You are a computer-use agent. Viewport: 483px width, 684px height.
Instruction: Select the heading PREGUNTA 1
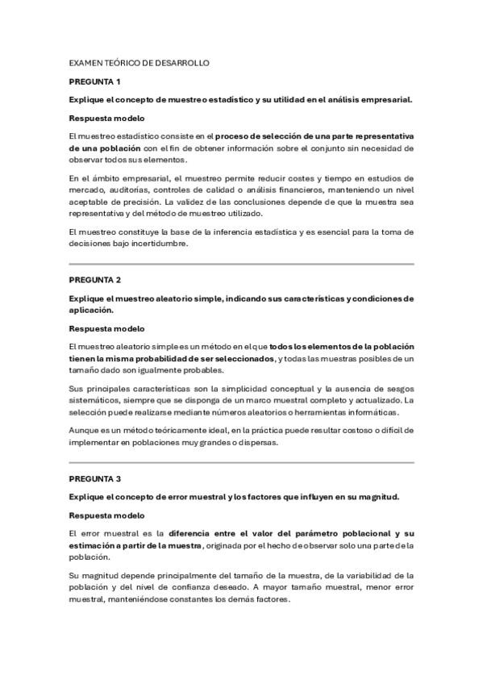click(95, 81)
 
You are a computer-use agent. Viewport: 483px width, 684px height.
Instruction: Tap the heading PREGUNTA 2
click(95, 280)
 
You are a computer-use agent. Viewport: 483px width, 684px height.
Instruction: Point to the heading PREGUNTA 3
click(95, 478)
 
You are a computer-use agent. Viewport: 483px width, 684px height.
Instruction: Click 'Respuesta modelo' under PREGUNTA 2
click(107, 328)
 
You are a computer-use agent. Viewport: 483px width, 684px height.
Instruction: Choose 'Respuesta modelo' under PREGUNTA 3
click(107, 515)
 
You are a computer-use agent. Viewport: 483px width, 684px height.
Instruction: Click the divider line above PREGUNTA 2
click(241, 264)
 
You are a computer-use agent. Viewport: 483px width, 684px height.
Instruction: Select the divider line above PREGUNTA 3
click(241, 463)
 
